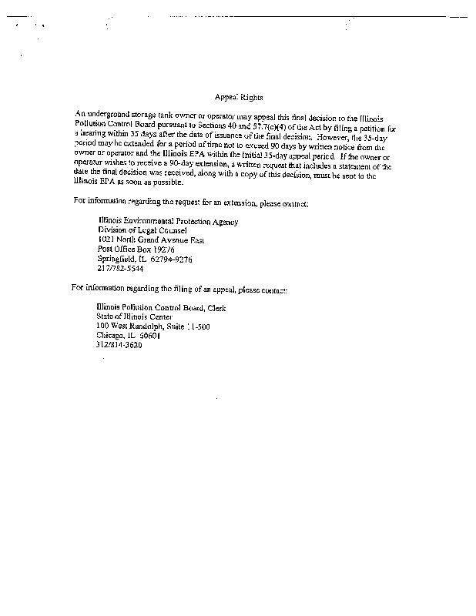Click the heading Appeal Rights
pyautogui.click(x=238, y=98)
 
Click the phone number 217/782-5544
pyautogui.click(x=119, y=269)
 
